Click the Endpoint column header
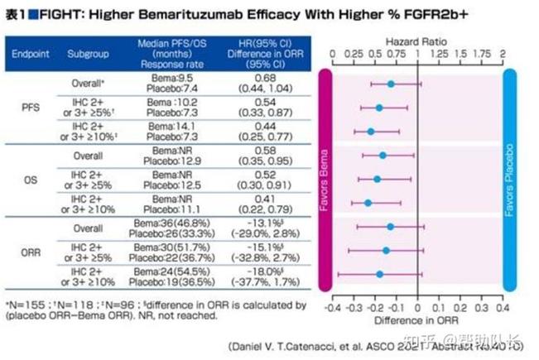pos(30,54)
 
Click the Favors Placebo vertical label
pos(510,180)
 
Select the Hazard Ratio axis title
pos(416,40)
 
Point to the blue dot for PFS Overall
pos(391,84)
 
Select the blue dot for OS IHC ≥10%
pos(368,203)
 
